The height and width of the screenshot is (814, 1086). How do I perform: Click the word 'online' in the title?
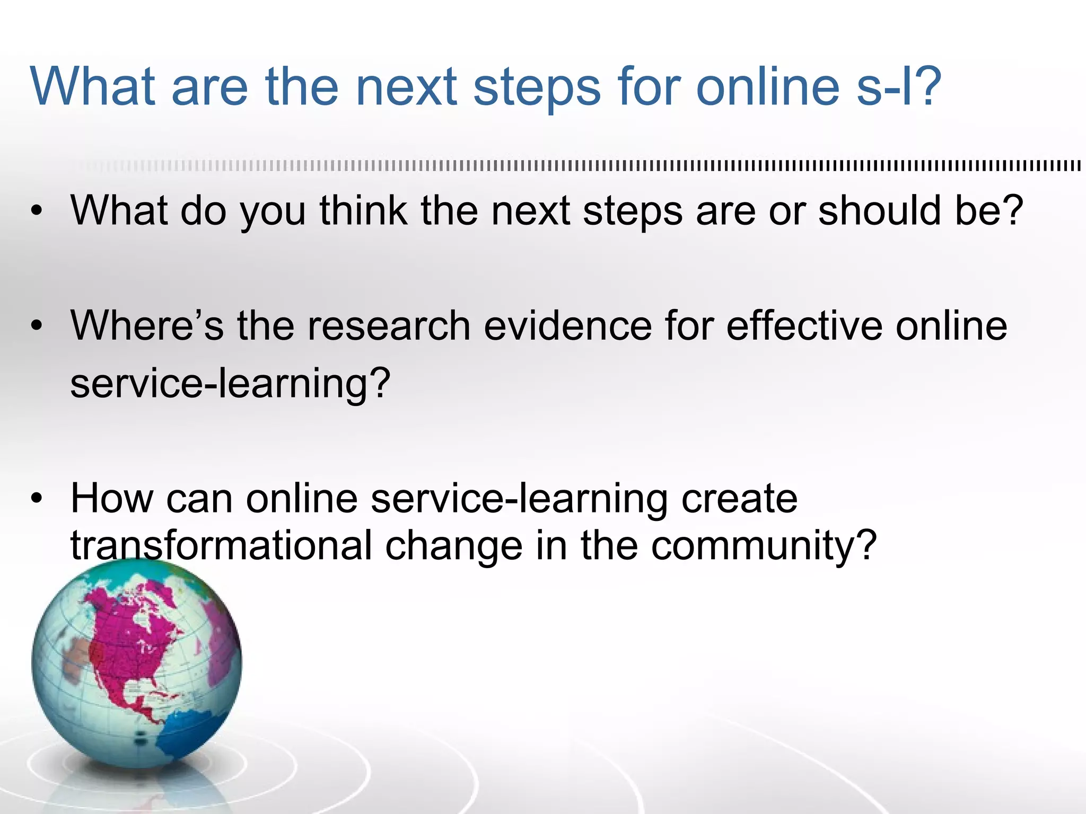(767, 86)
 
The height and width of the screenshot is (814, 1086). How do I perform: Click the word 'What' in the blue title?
(93, 86)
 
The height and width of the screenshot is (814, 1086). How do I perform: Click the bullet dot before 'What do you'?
(36, 212)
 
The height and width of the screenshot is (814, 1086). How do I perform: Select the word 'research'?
(389, 325)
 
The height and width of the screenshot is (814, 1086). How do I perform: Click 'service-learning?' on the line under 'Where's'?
(230, 384)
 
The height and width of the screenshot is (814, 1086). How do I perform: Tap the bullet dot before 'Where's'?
(36, 326)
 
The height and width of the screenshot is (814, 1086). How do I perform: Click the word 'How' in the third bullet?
(111, 499)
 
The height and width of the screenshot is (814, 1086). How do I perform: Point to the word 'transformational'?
(221, 546)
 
